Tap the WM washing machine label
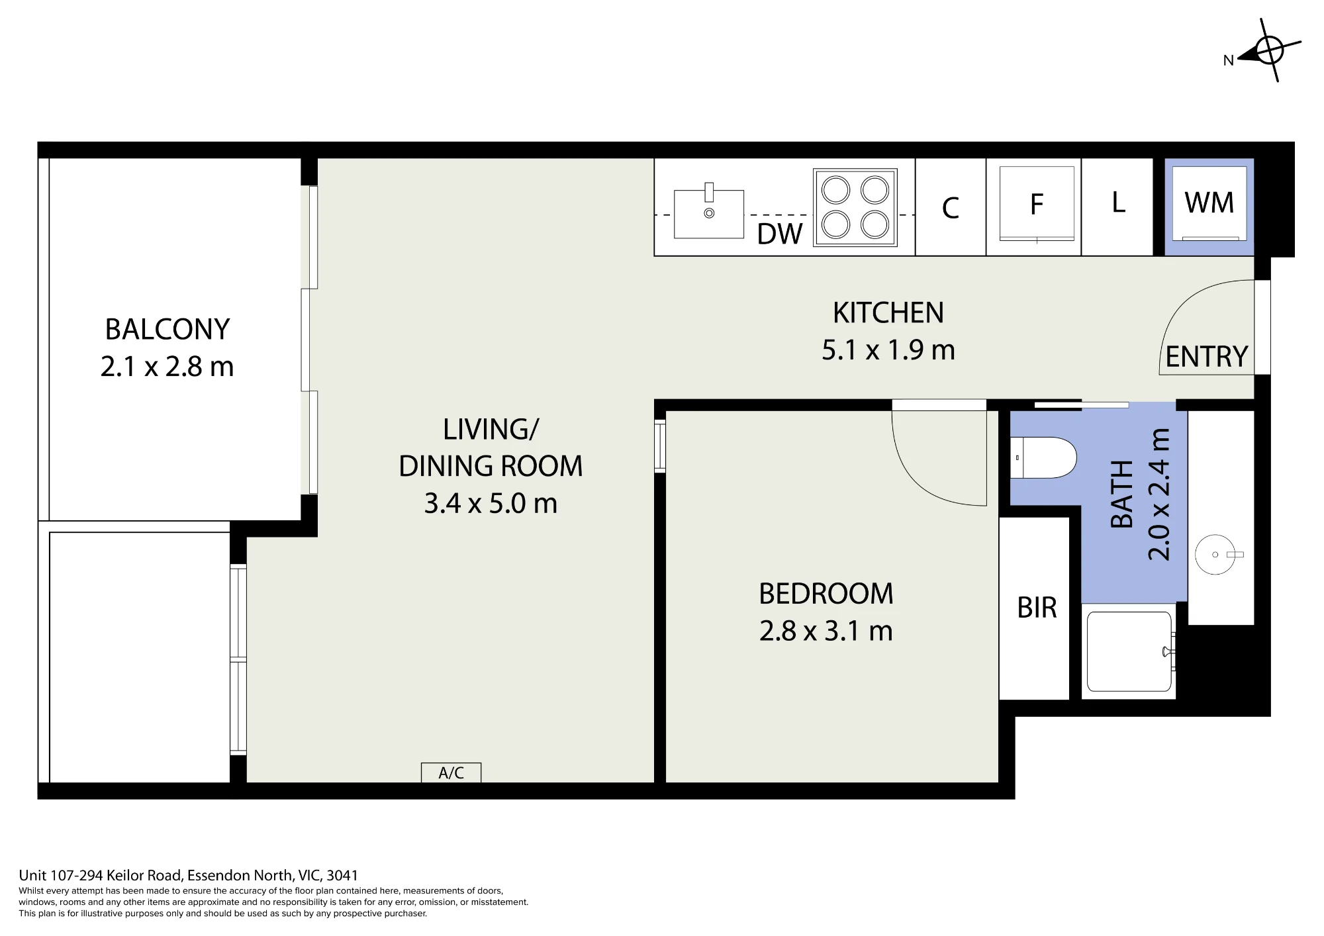(x=1209, y=203)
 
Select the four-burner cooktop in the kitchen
(x=855, y=207)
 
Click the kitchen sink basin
(x=709, y=213)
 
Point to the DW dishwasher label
(x=780, y=234)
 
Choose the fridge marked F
(x=1037, y=204)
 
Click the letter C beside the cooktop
(x=951, y=208)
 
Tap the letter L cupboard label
(x=1119, y=203)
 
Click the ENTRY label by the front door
(x=1207, y=357)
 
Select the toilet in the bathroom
(x=1043, y=457)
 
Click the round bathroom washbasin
(x=1217, y=555)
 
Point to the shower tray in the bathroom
(x=1129, y=651)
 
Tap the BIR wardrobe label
(x=1037, y=608)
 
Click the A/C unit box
(x=451, y=772)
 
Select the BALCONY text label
(x=167, y=329)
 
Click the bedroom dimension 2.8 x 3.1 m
(x=826, y=631)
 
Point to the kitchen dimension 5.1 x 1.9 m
(x=888, y=350)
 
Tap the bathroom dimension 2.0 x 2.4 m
(x=1159, y=494)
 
